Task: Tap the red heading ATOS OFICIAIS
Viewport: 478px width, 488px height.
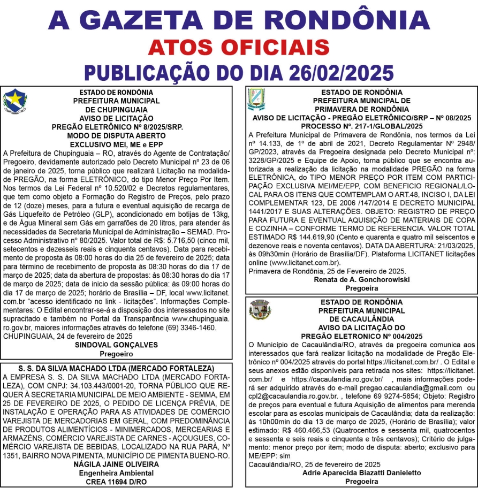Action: pos(239,48)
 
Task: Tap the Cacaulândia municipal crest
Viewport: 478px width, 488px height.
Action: pos(260,309)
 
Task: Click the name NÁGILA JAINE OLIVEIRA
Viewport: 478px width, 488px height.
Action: pos(116,464)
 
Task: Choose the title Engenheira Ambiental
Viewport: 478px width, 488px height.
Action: pos(116,472)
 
